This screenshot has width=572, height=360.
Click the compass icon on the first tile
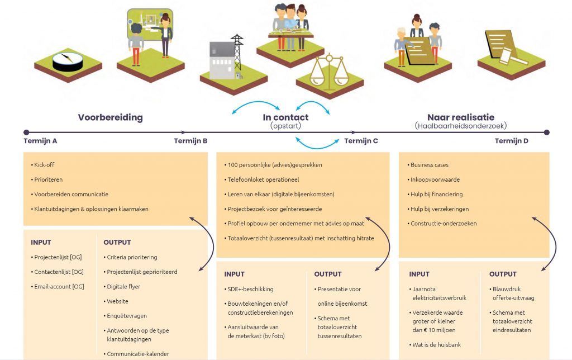67,61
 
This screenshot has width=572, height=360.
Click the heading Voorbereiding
111,117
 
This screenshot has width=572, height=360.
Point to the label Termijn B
190,141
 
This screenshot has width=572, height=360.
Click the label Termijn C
361,141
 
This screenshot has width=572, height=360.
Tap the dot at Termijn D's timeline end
546,132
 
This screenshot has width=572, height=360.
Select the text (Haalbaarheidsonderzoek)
461,126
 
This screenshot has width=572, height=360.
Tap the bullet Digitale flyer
123,286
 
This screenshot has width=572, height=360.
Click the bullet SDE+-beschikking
251,289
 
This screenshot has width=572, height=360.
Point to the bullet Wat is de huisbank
437,345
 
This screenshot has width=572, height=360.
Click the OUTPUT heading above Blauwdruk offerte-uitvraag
503,274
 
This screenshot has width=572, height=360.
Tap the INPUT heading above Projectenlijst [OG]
41,242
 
